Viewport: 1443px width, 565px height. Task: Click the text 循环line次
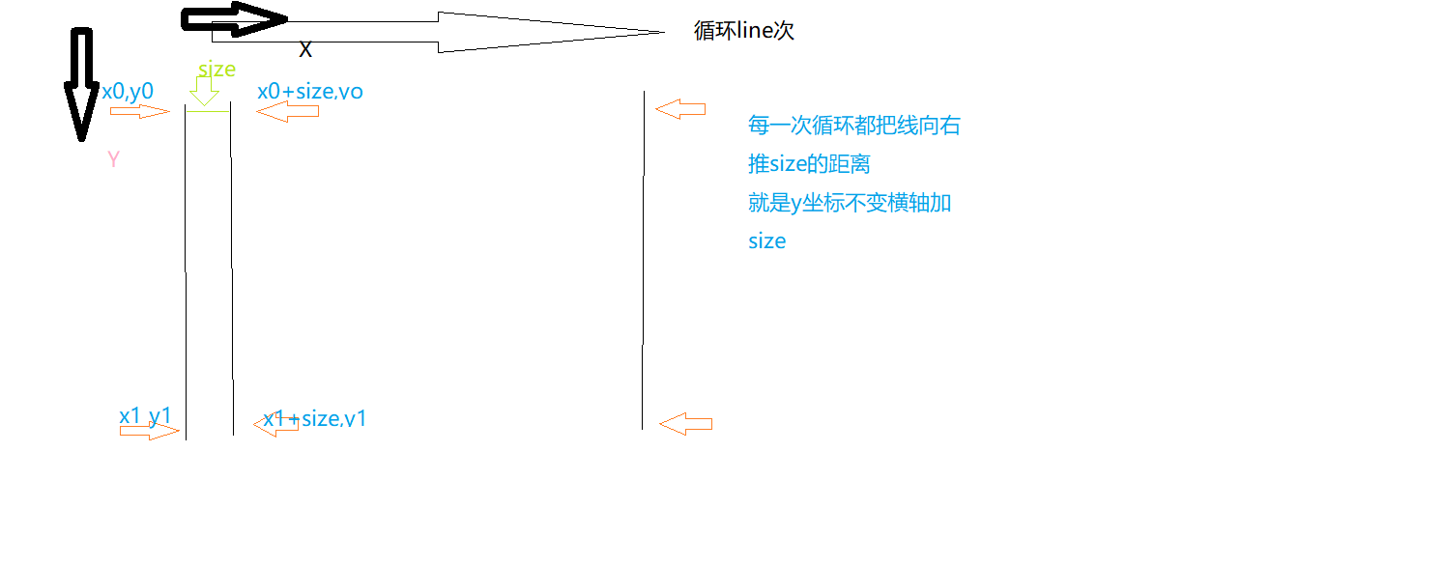point(743,31)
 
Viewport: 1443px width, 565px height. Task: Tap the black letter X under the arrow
point(305,50)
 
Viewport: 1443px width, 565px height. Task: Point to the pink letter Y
point(113,160)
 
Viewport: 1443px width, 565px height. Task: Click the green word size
point(216,70)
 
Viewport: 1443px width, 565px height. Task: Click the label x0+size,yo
point(309,92)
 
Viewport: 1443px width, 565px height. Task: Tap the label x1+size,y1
point(315,419)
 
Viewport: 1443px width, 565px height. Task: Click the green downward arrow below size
point(204,91)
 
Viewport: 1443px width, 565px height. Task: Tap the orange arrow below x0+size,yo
point(287,112)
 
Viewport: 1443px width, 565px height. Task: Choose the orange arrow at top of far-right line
point(680,109)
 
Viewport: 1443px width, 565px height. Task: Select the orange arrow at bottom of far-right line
point(685,423)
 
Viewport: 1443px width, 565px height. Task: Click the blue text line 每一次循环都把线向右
point(854,126)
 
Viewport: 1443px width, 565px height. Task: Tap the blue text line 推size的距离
point(809,164)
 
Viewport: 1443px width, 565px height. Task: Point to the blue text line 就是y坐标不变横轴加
point(850,203)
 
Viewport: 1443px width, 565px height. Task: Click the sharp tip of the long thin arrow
point(663,32)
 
